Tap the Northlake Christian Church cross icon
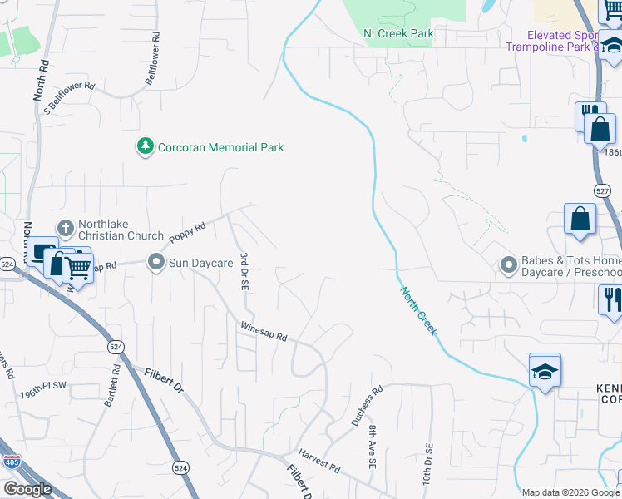click(x=66, y=228)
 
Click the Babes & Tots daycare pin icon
click(x=509, y=265)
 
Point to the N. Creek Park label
click(x=399, y=33)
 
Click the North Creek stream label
click(x=418, y=312)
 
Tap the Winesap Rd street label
click(x=264, y=332)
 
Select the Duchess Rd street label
click(x=366, y=405)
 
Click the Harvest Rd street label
click(x=321, y=463)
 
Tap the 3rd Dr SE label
click(x=244, y=269)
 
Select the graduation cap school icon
click(x=545, y=371)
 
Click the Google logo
click(x=27, y=489)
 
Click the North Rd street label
click(x=41, y=80)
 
